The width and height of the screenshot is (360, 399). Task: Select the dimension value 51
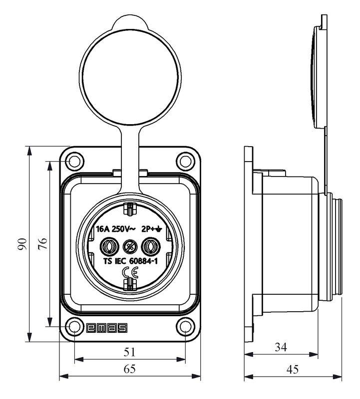(130, 352)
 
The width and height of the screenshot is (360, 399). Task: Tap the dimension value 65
(130, 370)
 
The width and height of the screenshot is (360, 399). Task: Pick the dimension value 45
(293, 370)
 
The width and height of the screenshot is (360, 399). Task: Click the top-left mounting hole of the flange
(74, 162)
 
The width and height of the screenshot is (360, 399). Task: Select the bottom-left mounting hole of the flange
(74, 327)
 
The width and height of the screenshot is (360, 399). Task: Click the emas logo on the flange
(106, 328)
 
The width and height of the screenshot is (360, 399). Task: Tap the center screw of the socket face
(129, 246)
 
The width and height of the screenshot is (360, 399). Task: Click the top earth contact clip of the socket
(130, 208)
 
